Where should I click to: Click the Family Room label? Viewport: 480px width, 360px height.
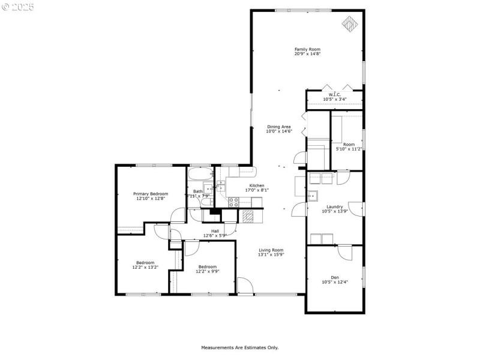307,49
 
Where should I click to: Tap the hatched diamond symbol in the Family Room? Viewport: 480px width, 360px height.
350,23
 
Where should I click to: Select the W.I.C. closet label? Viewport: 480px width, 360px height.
334,94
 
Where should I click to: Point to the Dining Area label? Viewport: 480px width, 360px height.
279,127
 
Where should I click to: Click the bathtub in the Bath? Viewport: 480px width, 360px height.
200,175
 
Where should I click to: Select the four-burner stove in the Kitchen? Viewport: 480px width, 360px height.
233,202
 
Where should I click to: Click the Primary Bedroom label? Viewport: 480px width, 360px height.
151,194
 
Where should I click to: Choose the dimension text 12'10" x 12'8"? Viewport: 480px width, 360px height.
151,199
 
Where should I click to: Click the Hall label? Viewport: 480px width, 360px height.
214,230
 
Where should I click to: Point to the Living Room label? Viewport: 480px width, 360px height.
271,250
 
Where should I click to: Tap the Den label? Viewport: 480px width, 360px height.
334,277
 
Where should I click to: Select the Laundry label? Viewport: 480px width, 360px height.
334,206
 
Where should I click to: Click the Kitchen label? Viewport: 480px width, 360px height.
257,185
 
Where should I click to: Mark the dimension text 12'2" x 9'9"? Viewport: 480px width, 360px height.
207,271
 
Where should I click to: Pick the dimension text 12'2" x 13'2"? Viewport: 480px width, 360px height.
145,267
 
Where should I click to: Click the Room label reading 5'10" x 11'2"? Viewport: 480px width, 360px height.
349,145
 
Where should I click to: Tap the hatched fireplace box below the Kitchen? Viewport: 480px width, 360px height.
248,215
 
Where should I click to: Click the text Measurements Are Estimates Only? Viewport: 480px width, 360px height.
239,347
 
